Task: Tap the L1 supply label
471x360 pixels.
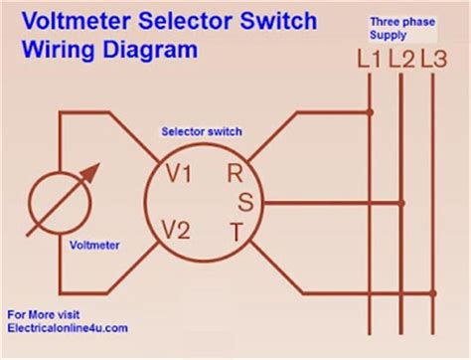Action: pos(370,59)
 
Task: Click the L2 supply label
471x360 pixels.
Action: pos(400,59)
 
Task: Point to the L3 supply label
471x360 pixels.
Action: pos(433,59)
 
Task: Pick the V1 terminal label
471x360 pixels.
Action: pos(179,175)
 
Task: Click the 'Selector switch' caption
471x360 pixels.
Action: pos(201,131)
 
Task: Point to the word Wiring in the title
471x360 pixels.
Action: pos(56,49)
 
